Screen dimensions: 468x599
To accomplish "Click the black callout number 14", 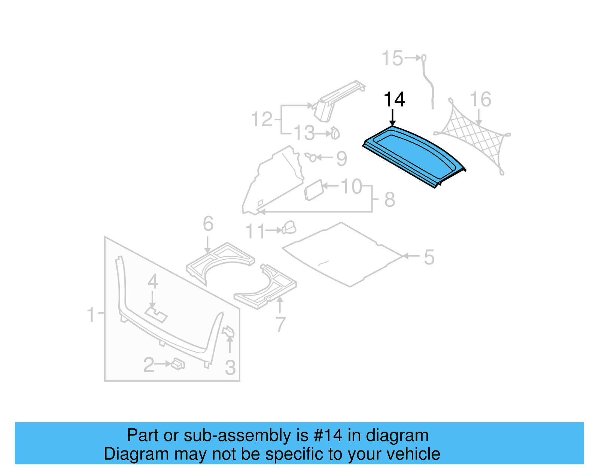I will coord(394,100).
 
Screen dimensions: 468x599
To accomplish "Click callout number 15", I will coord(392,59).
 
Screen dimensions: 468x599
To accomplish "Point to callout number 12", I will coord(262,120).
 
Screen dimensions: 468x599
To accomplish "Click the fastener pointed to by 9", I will coord(311,157).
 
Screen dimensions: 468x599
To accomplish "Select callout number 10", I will coord(351,186).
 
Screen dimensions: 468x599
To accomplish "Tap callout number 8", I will coord(390,199).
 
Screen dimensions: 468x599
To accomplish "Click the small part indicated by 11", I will coord(289,228).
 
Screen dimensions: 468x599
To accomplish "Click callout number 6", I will coord(208,224).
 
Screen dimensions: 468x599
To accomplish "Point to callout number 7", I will coord(280,324).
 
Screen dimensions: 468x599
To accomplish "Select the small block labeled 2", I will coord(178,363).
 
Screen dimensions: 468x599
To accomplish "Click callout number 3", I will coord(230,368).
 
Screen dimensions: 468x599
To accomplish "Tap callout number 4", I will coord(153,282).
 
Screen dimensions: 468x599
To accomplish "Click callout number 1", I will coord(91,314).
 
